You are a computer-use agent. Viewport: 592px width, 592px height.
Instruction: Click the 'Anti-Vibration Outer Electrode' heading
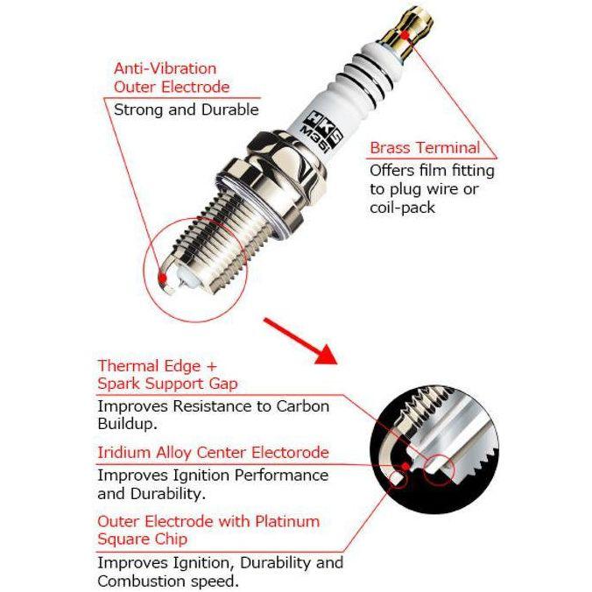[x=172, y=77]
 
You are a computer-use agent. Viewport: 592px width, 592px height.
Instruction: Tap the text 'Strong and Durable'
[x=186, y=109]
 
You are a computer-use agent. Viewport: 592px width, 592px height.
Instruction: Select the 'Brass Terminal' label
[x=425, y=147]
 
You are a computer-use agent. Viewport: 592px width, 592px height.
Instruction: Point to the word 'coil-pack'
[x=402, y=208]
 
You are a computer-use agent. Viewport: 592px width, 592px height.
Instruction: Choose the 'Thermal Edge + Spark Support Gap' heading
[x=166, y=374]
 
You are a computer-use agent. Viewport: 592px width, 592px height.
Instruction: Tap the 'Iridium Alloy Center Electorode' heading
[x=213, y=453]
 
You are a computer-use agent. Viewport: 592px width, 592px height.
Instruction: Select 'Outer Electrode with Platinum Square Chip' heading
[x=208, y=530]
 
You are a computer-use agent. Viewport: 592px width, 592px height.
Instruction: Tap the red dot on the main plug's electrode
[x=161, y=278]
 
